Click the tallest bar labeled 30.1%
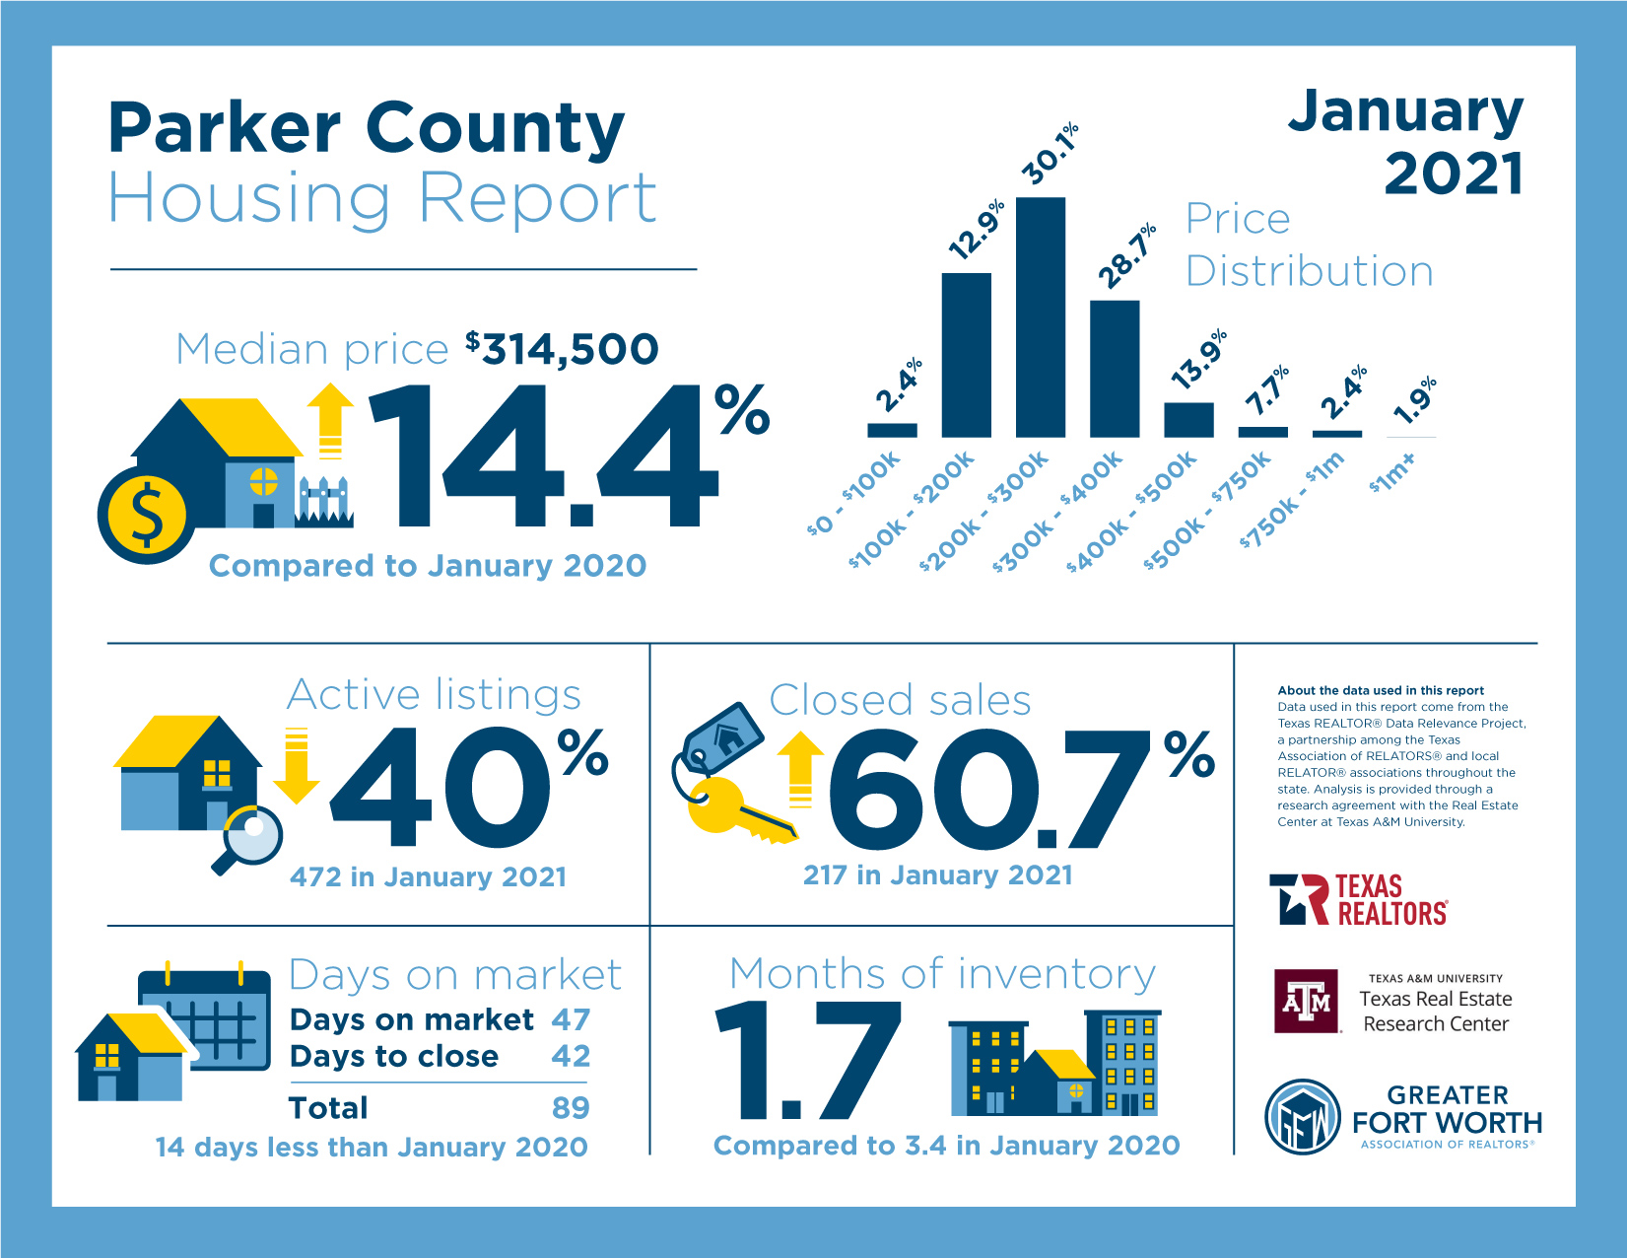[1040, 316]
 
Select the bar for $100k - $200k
[966, 355]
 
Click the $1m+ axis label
[1391, 471]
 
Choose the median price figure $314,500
[562, 348]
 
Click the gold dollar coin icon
[147, 516]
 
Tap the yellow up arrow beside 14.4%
[330, 421]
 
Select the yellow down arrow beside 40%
[297, 764]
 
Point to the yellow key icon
[737, 811]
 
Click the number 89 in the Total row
[571, 1107]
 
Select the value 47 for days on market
[571, 1019]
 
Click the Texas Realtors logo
[1358, 899]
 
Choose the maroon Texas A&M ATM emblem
[1307, 1001]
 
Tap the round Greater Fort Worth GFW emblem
[1302, 1116]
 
